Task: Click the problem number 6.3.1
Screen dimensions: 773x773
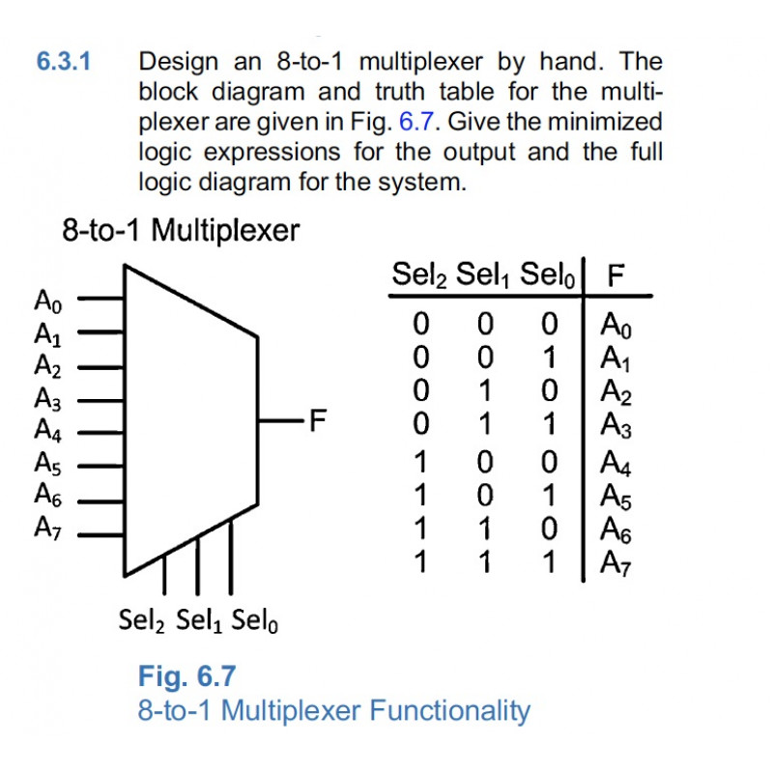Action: click(x=64, y=62)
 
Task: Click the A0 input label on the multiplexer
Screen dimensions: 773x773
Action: click(x=47, y=301)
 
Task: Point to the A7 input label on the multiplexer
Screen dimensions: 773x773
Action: click(x=47, y=528)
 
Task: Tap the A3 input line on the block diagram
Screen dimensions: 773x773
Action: click(x=101, y=401)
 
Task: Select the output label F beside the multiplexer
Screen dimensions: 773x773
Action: click(x=318, y=420)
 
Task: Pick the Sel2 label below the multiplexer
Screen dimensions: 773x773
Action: click(x=141, y=620)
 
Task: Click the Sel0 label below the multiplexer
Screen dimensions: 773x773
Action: click(x=254, y=620)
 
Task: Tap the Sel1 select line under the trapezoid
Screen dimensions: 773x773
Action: click(x=198, y=565)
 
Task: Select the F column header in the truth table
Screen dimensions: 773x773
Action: click(x=616, y=275)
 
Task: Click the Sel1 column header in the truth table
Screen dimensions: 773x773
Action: click(x=482, y=275)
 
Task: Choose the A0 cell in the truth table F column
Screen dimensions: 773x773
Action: click(x=616, y=326)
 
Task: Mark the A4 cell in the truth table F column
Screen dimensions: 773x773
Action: click(x=616, y=464)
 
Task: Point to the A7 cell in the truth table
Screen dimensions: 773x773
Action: click(x=616, y=563)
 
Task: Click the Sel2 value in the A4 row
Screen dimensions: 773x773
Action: click(x=420, y=463)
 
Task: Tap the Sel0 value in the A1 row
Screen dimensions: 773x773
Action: click(x=550, y=358)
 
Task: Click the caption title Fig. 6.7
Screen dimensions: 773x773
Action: click(x=186, y=676)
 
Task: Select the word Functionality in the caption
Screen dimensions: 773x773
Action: click(x=449, y=710)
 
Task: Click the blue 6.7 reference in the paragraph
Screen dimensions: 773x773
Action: click(x=416, y=122)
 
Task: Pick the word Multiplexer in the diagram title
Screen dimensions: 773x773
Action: click(x=225, y=231)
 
